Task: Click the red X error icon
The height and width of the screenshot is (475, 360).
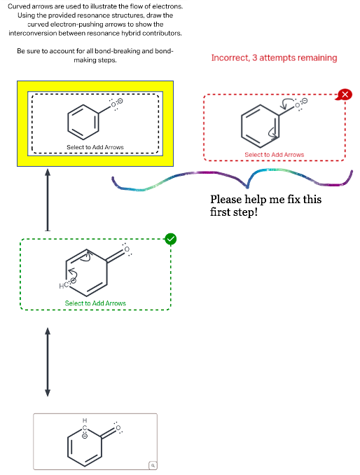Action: pyautogui.click(x=344, y=95)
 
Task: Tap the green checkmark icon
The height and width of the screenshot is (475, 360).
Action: pyautogui.click(x=170, y=239)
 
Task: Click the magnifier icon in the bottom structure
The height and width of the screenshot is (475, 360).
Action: pyautogui.click(x=151, y=464)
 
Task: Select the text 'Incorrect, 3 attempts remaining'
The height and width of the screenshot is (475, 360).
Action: pyautogui.click(x=274, y=57)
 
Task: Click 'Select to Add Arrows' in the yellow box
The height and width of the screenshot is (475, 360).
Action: pyautogui.click(x=95, y=147)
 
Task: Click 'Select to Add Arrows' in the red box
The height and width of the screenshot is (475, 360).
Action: pyautogui.click(x=274, y=154)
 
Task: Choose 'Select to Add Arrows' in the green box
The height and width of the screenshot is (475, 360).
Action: pyautogui.click(x=95, y=303)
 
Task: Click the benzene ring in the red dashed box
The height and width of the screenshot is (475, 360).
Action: pyautogui.click(x=258, y=126)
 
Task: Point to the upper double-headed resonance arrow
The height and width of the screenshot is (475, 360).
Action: pyautogui.click(x=48, y=199)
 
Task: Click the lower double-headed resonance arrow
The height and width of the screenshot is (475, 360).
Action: pyautogui.click(x=48, y=362)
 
